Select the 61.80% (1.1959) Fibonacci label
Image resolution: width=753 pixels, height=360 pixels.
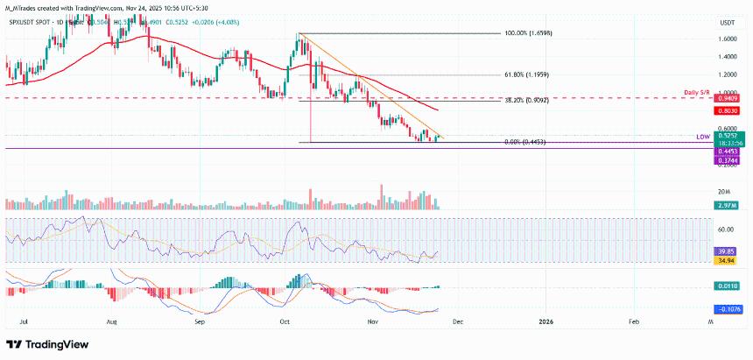point(529,75)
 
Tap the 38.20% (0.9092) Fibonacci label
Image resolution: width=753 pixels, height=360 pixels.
point(528,101)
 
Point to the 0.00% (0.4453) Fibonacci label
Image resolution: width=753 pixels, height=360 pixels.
point(525,142)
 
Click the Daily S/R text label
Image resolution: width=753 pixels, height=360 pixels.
point(699,92)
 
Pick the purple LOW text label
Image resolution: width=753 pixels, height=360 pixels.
point(702,137)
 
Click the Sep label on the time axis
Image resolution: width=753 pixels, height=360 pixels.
point(200,322)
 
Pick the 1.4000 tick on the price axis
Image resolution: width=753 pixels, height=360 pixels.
point(727,57)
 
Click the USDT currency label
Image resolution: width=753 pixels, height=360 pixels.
point(727,23)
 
